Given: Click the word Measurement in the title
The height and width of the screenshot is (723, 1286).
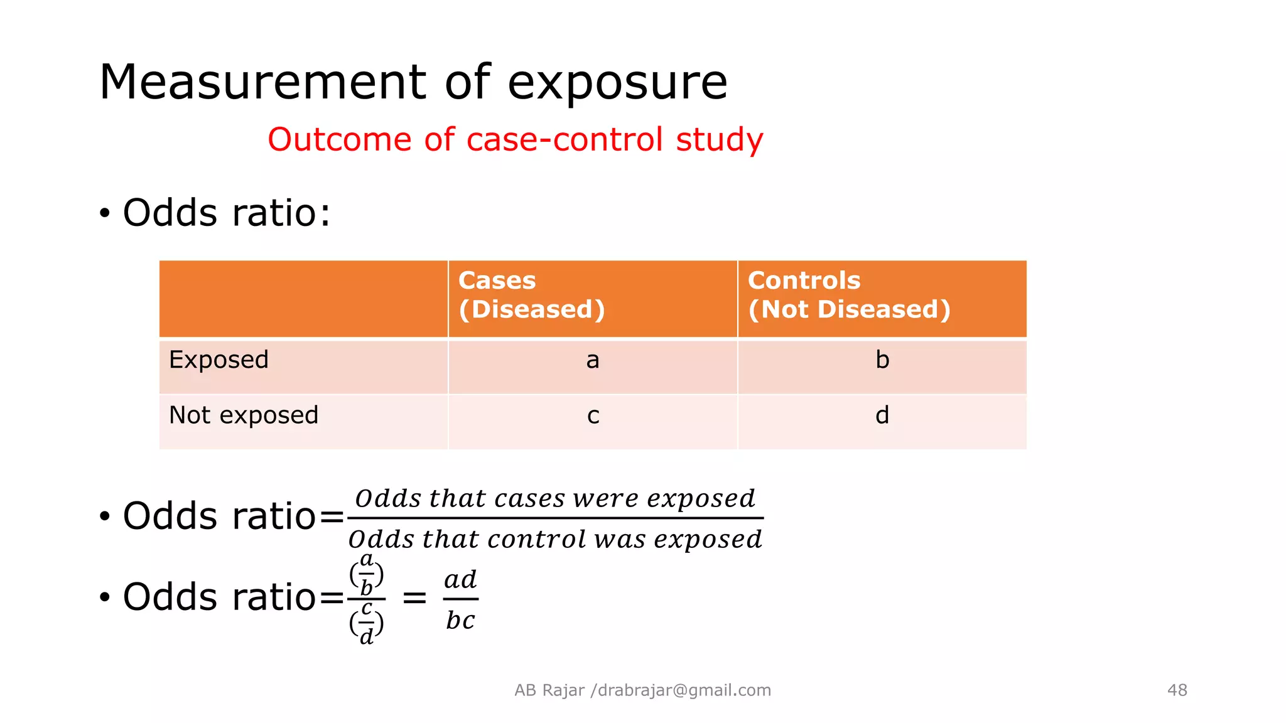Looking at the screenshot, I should [262, 82].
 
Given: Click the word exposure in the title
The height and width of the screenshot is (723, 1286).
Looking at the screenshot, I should [617, 83].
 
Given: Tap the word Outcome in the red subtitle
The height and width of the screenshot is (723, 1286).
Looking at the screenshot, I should [340, 139].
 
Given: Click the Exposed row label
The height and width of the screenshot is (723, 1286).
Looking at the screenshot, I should [219, 360].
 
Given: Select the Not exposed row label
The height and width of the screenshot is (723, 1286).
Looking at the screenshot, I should [244, 415].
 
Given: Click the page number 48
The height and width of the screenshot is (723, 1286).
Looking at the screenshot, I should [1177, 690].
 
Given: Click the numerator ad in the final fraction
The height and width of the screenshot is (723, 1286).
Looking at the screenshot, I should [460, 580].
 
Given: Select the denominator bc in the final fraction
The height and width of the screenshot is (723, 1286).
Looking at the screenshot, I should [460, 621].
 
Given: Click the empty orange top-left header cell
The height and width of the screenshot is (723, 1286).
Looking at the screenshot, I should [303, 299].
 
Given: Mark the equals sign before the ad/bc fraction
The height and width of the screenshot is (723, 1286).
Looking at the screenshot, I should [414, 598].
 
